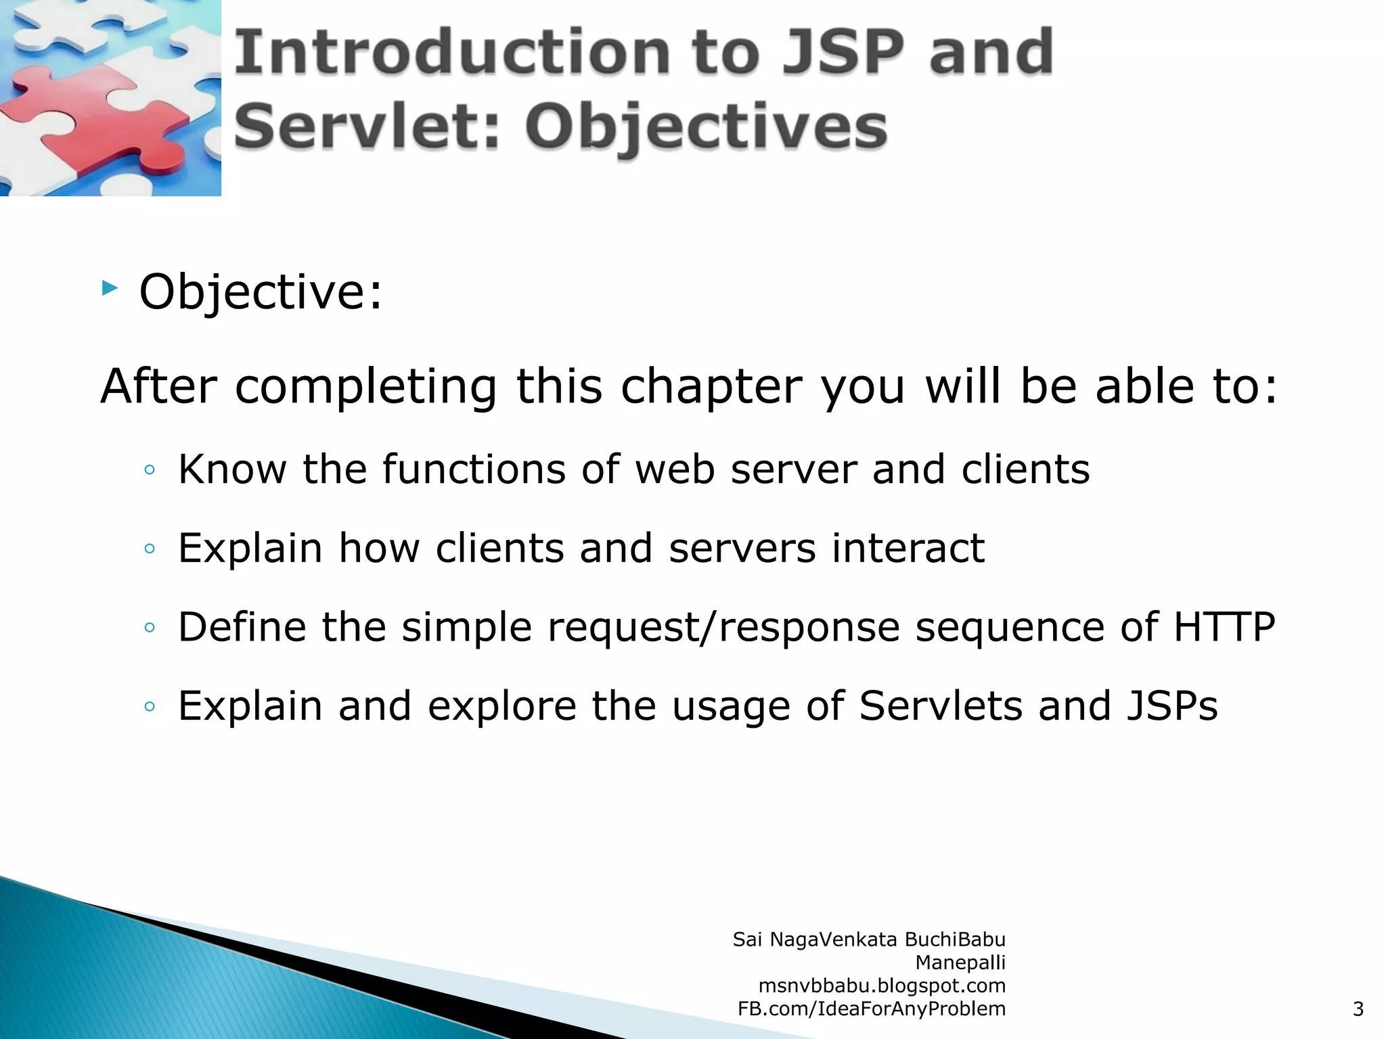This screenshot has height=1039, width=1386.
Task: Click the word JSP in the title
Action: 843,53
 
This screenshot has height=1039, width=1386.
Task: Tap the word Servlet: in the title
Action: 366,126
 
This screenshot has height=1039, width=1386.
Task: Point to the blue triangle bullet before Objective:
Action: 110,289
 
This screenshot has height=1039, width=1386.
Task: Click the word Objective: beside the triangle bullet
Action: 261,292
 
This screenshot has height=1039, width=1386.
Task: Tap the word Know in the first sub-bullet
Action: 232,469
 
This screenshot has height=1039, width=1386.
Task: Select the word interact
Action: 908,547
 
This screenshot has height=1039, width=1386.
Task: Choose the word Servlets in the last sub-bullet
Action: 940,706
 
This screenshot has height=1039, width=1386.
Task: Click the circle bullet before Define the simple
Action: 150,628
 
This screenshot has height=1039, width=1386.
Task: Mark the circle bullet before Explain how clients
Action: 150,549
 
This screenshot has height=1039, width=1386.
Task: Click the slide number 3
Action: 1358,1009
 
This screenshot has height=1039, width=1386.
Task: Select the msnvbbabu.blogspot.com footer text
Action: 882,986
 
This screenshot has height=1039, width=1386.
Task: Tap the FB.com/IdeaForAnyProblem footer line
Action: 871,1009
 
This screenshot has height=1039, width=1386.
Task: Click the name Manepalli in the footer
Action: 960,963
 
